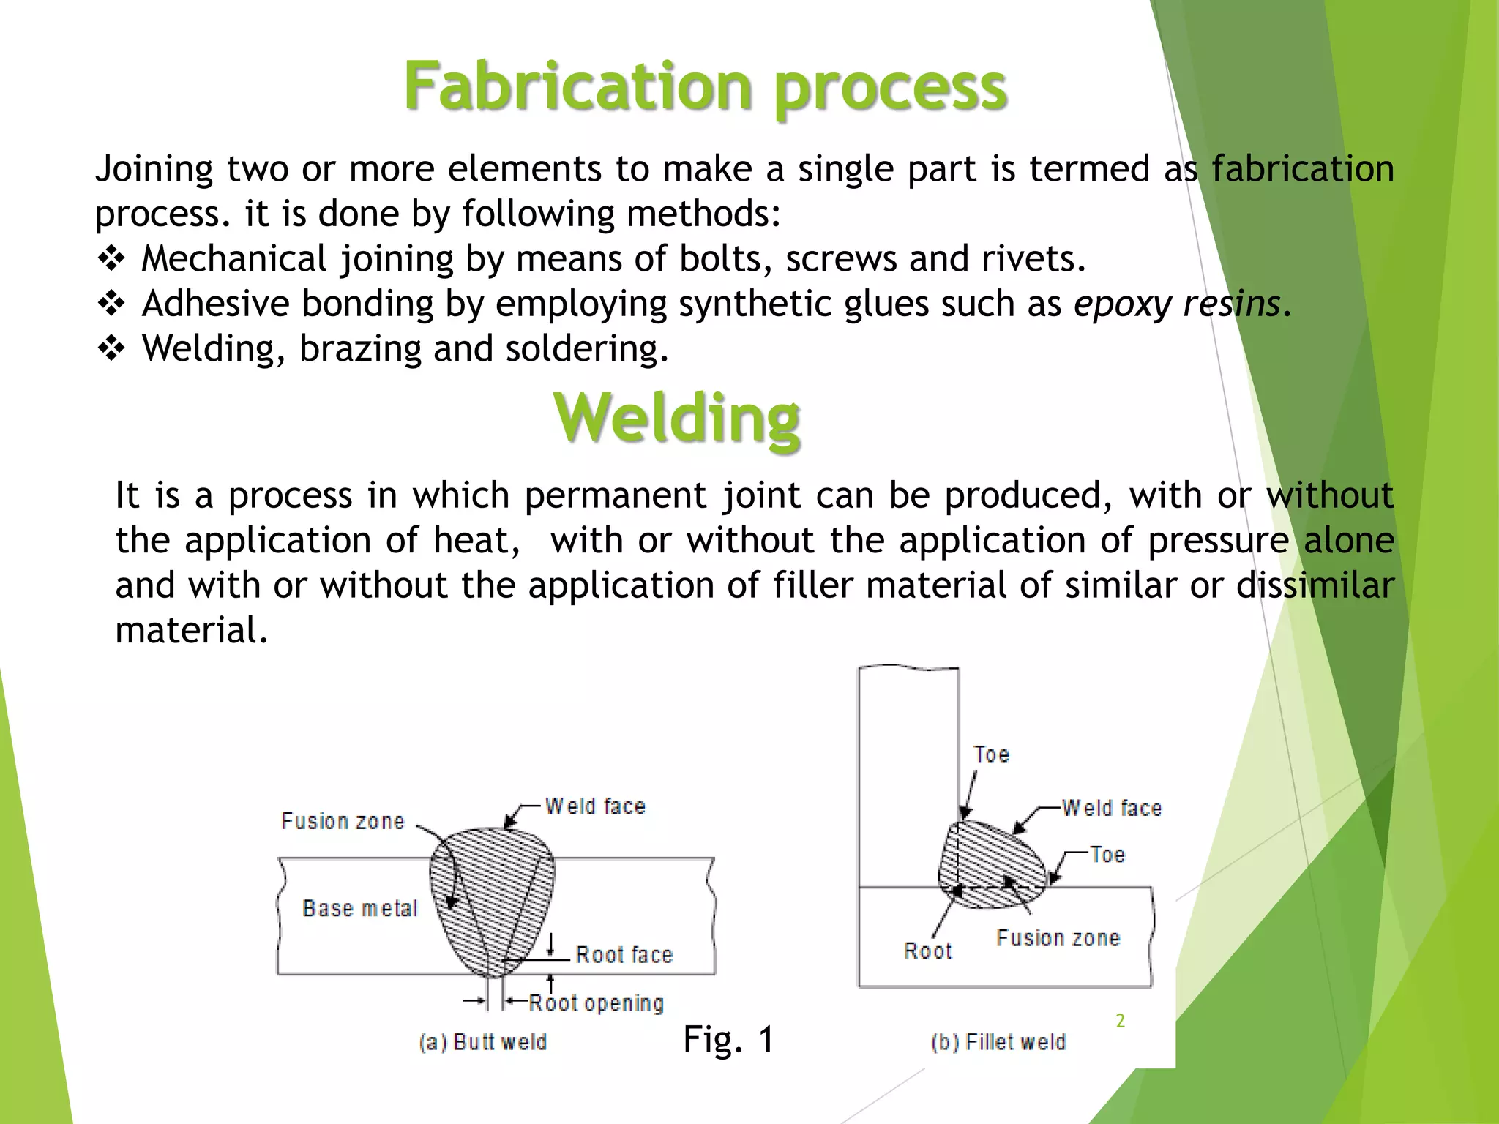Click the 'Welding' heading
(677, 418)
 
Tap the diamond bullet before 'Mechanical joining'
(111, 259)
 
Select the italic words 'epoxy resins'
(1177, 304)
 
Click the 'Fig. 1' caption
(728, 1039)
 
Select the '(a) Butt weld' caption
(483, 1042)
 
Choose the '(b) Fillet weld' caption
(998, 1042)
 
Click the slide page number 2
(1120, 1021)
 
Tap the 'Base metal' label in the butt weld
(359, 908)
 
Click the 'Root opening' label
(596, 1003)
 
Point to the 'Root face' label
(624, 954)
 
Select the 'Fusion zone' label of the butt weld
(343, 821)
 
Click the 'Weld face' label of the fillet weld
(1111, 808)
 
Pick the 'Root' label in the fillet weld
(927, 951)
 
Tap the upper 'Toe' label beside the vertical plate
(991, 754)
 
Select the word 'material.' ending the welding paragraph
(192, 630)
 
